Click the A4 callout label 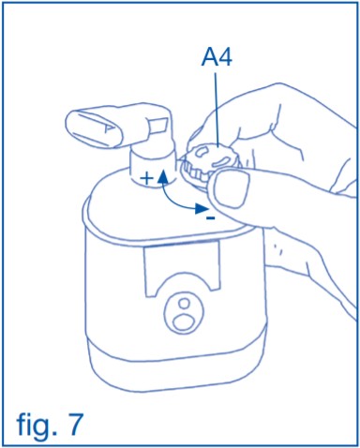pyautogui.click(x=217, y=58)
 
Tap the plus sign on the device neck pyautogui.click(x=146, y=179)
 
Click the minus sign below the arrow pyautogui.click(x=211, y=218)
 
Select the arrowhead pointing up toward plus pyautogui.click(x=162, y=178)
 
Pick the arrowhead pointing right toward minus pyautogui.click(x=201, y=208)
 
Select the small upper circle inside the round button pyautogui.click(x=185, y=304)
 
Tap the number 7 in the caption pyautogui.click(x=74, y=424)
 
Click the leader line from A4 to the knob pyautogui.click(x=216, y=110)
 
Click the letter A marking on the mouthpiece pyautogui.click(x=107, y=128)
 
